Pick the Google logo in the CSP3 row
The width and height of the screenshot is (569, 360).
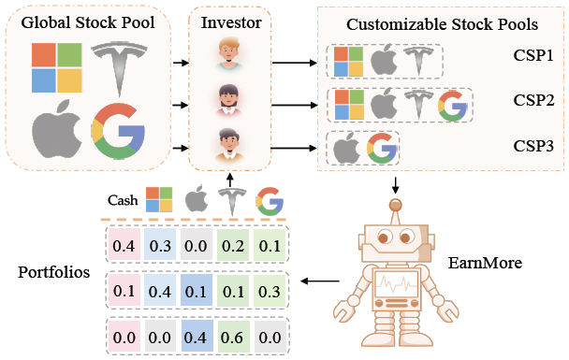coord(380,148)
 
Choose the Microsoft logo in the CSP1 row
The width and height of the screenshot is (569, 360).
coord(348,63)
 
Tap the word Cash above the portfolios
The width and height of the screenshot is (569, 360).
coord(124,200)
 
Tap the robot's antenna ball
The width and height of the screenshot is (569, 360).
coord(396,200)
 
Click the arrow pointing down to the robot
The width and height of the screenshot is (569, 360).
coord(396,182)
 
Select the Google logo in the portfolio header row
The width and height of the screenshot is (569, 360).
coord(269,199)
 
